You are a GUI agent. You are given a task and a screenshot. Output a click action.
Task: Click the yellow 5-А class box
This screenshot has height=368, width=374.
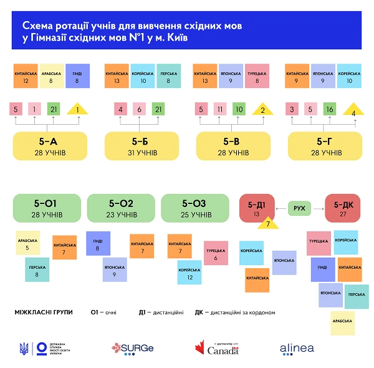47,145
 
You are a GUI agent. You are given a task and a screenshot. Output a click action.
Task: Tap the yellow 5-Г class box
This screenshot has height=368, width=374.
323,145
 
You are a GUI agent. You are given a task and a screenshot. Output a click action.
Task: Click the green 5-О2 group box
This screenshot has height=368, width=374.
121,208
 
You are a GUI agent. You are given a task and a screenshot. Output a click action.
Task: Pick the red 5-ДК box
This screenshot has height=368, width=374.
343,208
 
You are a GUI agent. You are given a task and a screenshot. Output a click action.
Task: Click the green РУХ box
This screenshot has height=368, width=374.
299,208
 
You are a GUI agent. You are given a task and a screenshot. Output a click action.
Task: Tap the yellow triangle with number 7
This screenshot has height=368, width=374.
267,222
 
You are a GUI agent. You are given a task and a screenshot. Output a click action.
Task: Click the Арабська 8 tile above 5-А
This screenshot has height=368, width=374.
52,76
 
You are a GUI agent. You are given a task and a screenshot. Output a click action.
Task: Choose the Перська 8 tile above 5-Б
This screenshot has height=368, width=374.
169,76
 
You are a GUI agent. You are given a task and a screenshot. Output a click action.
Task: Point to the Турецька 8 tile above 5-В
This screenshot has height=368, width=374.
257,76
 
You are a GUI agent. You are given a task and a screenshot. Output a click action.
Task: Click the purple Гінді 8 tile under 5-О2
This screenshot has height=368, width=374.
98,244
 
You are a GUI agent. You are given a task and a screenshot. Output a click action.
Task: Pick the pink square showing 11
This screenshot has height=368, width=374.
219,110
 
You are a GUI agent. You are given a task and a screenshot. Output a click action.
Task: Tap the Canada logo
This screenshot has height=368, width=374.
216,348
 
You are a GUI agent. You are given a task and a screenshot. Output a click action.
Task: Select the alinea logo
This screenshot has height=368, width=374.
297,349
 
